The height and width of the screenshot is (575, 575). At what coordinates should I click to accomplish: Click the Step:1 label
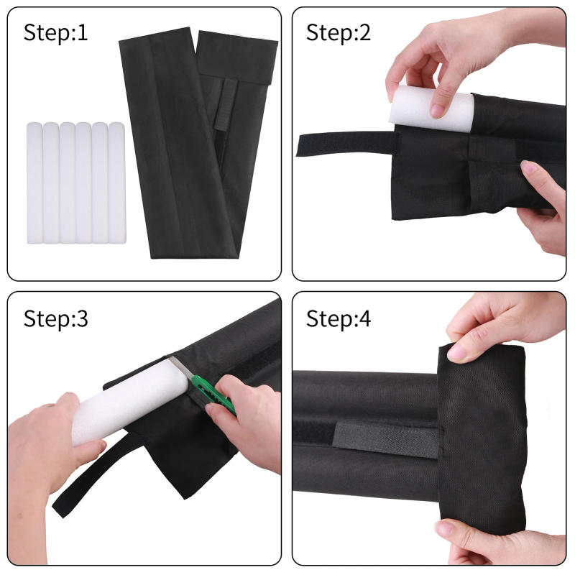pos(56,32)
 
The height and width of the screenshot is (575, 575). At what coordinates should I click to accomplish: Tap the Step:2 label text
pos(339,32)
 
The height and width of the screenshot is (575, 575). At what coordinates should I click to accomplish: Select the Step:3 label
pos(56,318)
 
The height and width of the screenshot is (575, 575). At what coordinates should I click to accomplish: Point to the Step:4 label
pos(339,318)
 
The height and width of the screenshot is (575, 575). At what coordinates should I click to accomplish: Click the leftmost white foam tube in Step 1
pos(34,183)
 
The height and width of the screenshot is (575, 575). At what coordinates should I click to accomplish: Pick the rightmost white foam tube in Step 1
pos(116,183)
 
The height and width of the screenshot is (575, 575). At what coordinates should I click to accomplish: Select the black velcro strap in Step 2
pos(345,143)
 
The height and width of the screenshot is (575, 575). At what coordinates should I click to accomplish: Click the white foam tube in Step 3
pos(122,402)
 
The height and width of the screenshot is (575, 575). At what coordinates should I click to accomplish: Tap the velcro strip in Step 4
pos(388,436)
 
